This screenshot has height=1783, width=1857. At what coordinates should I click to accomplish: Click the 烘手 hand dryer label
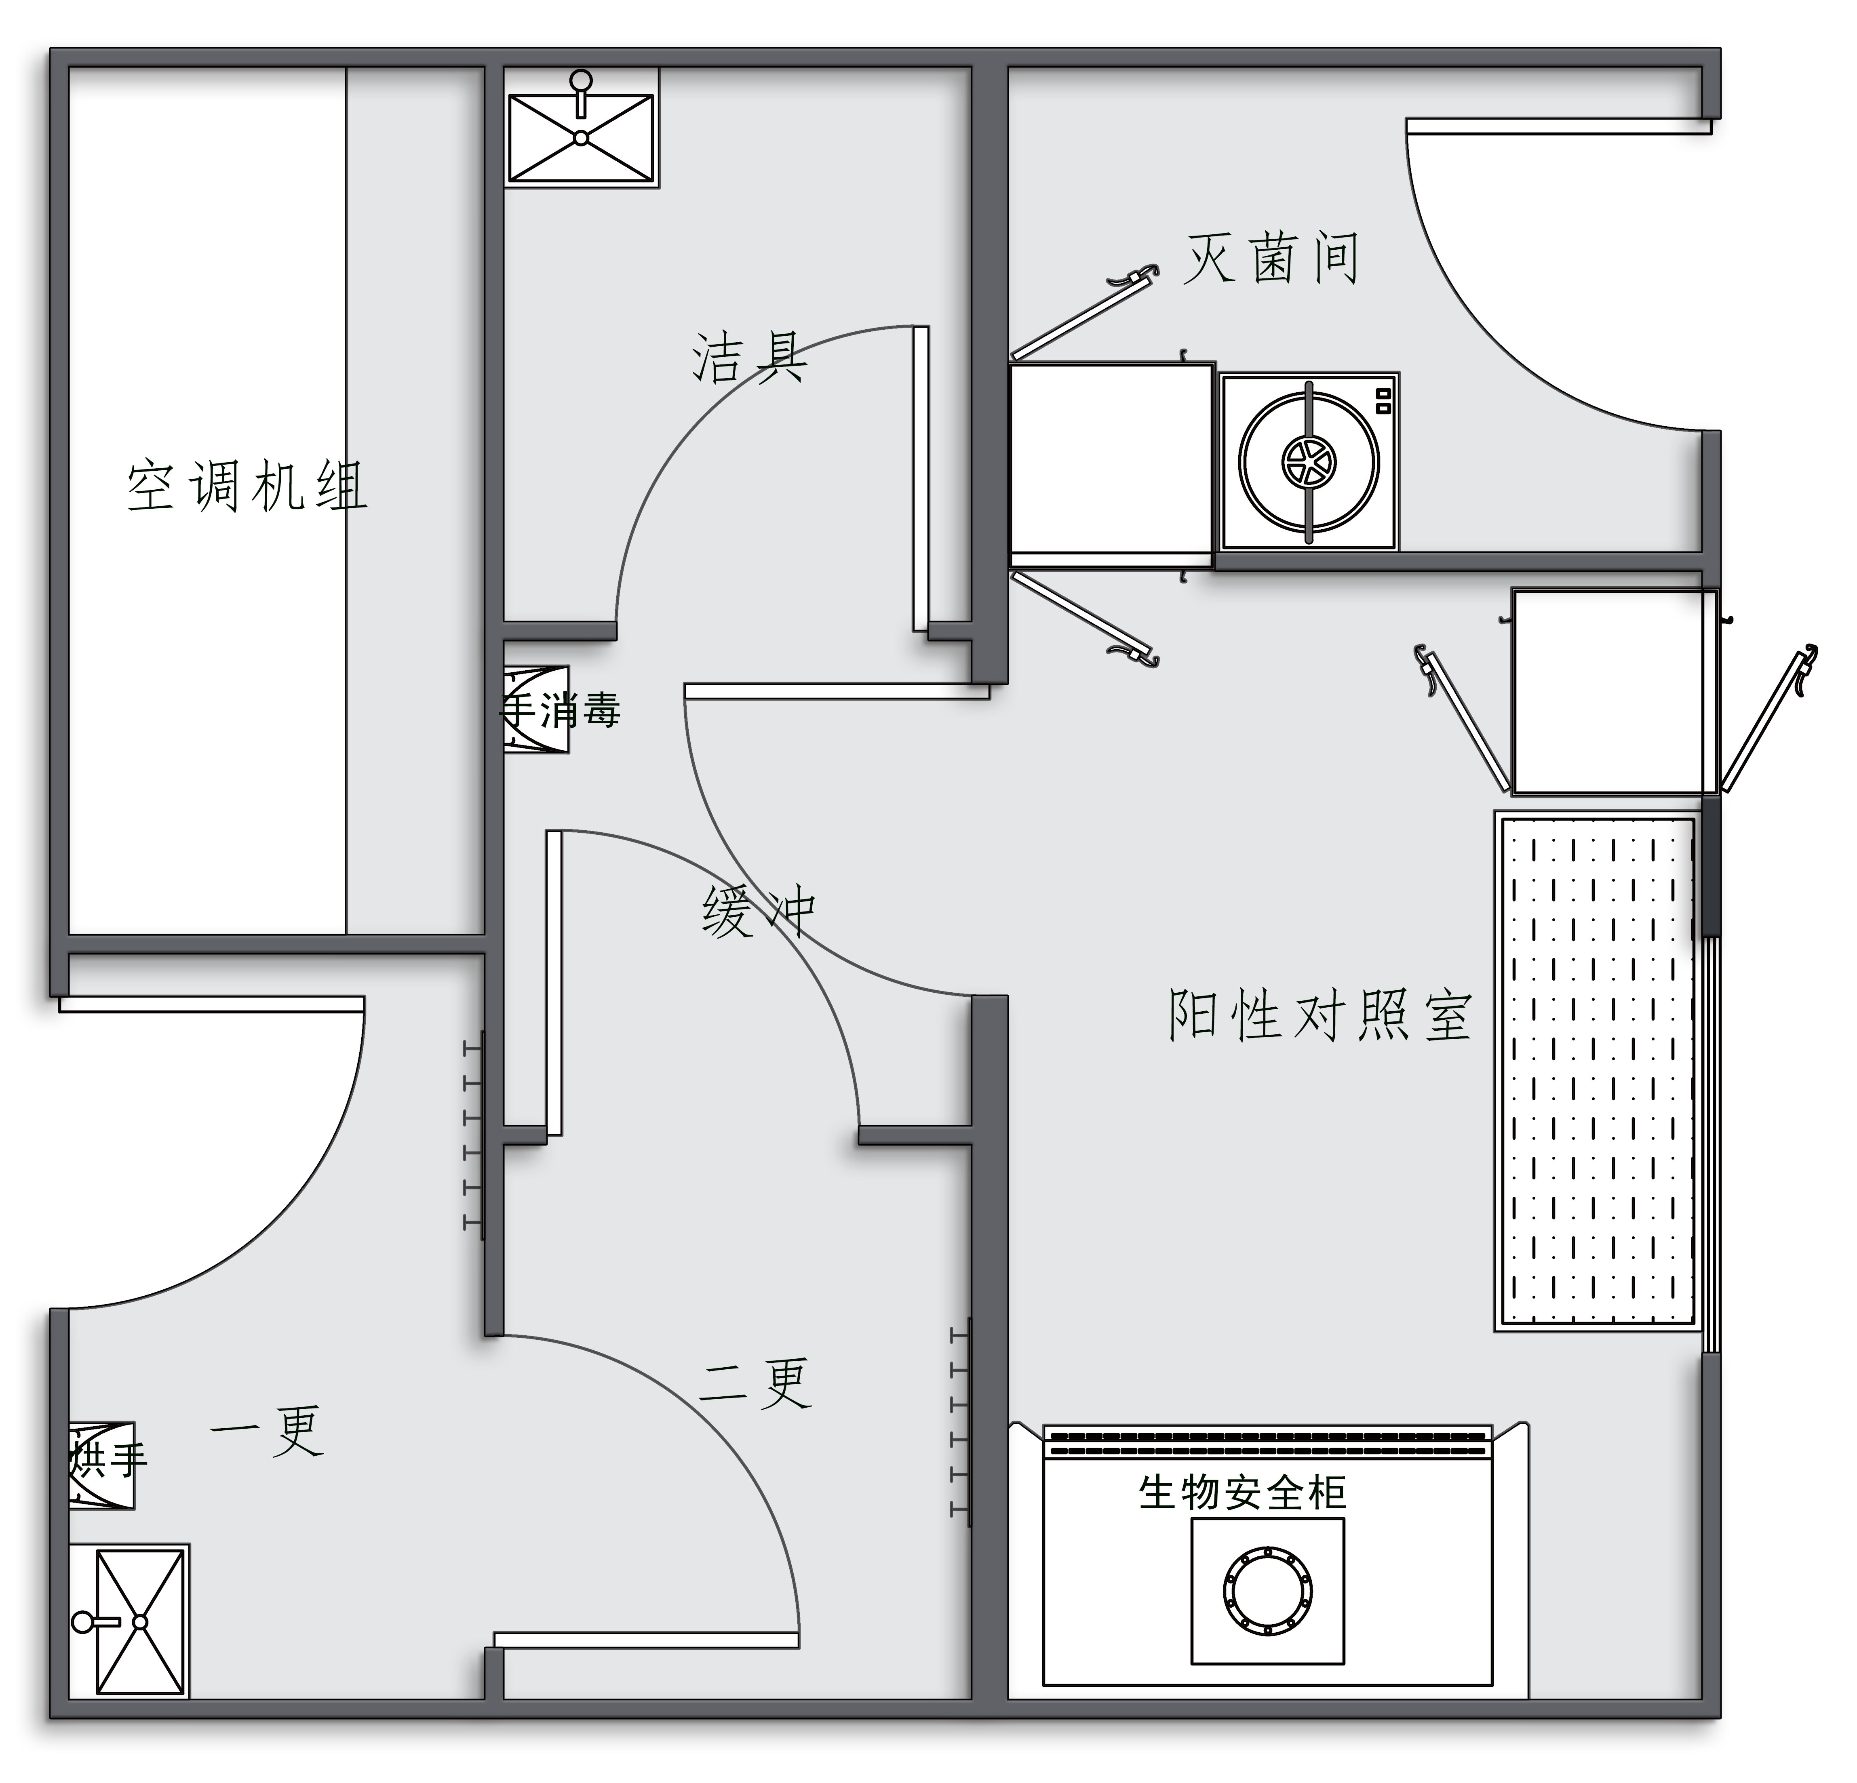coord(109,1459)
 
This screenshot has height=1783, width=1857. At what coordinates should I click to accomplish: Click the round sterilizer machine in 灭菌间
coord(1309,461)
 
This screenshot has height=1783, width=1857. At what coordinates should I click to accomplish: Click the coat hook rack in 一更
coord(474,1135)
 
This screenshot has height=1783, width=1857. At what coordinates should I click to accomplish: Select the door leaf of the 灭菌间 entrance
coord(1559,126)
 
